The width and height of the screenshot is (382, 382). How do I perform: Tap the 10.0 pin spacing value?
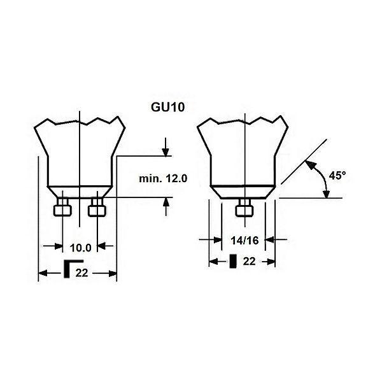coord(81,247)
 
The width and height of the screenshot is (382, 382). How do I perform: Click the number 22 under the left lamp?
coord(81,274)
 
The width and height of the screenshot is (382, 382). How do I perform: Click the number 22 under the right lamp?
coord(249,262)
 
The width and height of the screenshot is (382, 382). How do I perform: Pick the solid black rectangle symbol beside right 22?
coord(234,261)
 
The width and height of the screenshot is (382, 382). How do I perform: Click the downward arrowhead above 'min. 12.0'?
coord(166,151)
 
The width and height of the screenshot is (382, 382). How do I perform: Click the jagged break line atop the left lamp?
coord(80,120)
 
